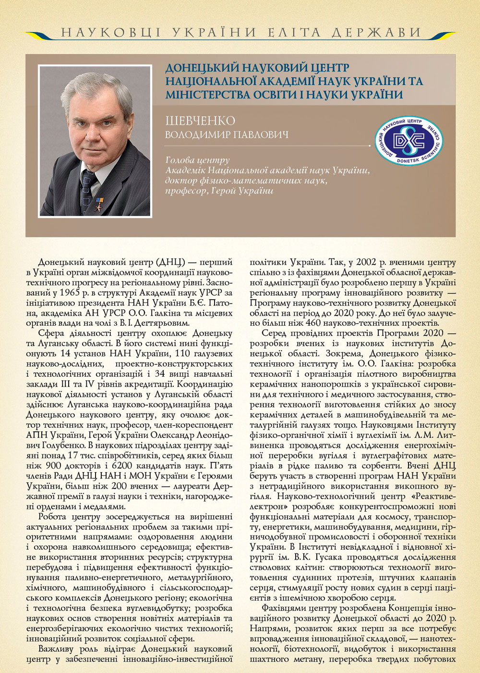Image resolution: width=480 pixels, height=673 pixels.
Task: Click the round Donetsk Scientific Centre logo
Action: click(409, 141)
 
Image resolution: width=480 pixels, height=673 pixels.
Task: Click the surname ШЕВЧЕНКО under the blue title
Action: click(200, 121)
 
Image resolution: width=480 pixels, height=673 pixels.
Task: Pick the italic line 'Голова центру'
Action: click(197, 160)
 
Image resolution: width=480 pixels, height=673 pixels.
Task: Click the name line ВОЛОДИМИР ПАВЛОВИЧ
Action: click(227, 135)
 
